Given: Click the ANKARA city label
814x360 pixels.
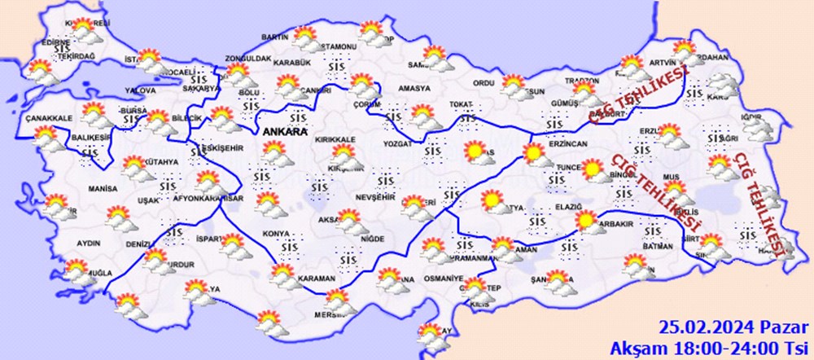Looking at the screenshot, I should click(x=283, y=131).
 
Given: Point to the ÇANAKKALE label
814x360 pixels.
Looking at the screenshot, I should click(x=46, y=118).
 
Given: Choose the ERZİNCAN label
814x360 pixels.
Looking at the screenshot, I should click(x=568, y=143).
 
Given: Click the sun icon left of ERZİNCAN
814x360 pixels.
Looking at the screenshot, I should click(x=533, y=152).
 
